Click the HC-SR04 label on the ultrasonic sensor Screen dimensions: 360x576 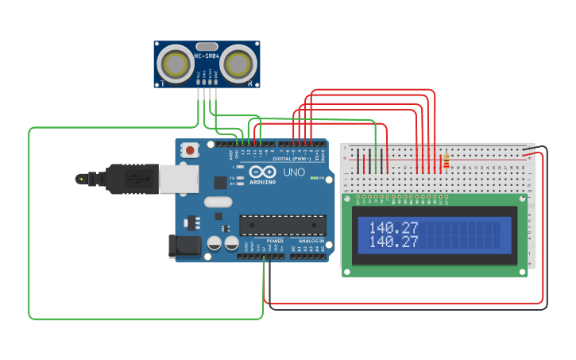point(206,56)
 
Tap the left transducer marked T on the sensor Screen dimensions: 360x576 point(173,61)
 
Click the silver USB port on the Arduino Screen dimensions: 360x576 point(178,179)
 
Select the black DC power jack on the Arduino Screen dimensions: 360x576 point(186,246)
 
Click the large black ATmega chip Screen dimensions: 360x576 point(282,226)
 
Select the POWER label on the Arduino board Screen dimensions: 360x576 point(275,241)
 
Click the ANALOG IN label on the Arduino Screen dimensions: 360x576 point(311,241)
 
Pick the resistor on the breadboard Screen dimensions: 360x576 point(446,161)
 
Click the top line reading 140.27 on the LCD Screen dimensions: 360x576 point(388,227)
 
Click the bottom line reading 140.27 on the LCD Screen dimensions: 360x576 point(388,241)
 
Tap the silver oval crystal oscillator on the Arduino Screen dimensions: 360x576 point(218,202)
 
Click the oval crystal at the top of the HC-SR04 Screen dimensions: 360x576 point(206,47)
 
